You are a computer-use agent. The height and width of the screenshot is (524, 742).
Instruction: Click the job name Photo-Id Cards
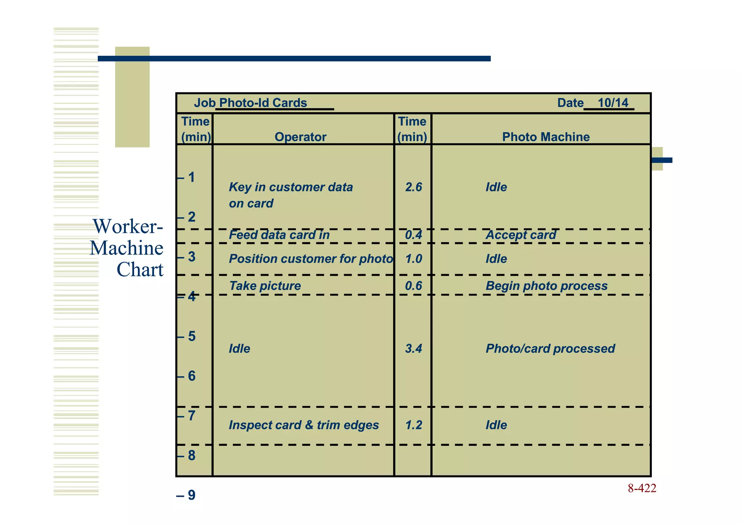[x=263, y=103]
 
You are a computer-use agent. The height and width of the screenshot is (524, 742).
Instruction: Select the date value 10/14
[x=613, y=103]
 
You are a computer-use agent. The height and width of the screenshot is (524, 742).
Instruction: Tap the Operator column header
[x=300, y=137]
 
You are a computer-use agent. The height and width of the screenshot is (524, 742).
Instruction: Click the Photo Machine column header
[x=546, y=137]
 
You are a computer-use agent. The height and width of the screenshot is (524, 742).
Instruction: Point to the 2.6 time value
[x=413, y=187]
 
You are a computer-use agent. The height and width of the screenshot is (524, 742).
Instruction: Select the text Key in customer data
[x=291, y=187]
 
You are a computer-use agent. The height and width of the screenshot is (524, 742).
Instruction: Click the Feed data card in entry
[x=279, y=235]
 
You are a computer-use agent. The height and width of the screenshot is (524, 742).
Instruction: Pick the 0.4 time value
[x=413, y=235]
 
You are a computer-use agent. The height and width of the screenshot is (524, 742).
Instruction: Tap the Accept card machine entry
[x=521, y=235]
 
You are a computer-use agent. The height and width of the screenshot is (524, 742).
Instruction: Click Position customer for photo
[x=310, y=259]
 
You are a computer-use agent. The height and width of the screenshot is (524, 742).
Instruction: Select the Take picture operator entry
[x=265, y=286]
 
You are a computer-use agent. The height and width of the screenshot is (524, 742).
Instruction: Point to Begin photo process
[x=546, y=286]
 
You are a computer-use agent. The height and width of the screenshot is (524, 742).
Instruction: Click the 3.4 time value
[x=413, y=349]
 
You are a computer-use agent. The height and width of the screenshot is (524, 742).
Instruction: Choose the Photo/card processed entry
[x=550, y=349]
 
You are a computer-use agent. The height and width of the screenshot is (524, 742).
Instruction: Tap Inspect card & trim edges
[x=304, y=425]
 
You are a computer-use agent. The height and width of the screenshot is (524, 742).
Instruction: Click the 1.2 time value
[x=413, y=425]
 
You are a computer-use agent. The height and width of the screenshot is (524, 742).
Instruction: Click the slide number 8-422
[x=642, y=489]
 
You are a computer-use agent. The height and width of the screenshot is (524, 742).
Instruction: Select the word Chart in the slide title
[x=140, y=270]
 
